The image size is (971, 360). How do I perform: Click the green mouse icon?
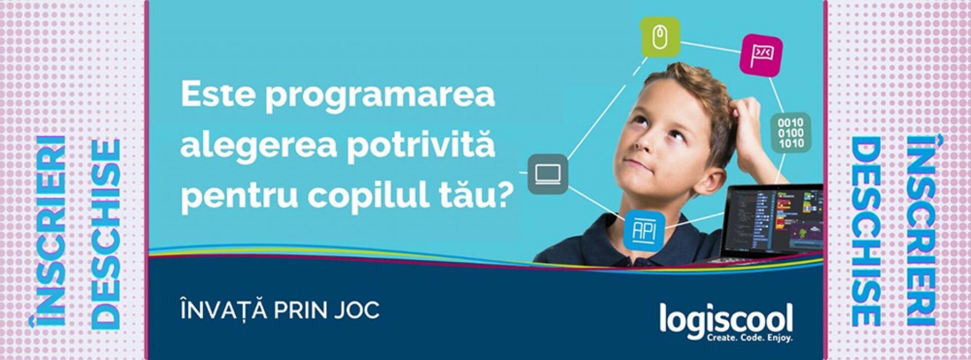659,37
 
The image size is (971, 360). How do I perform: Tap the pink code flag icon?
762,55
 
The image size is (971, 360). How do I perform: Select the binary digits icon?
790,132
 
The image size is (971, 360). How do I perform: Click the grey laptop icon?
548,174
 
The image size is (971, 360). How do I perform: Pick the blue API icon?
644,231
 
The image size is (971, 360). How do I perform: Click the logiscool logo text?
726,320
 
